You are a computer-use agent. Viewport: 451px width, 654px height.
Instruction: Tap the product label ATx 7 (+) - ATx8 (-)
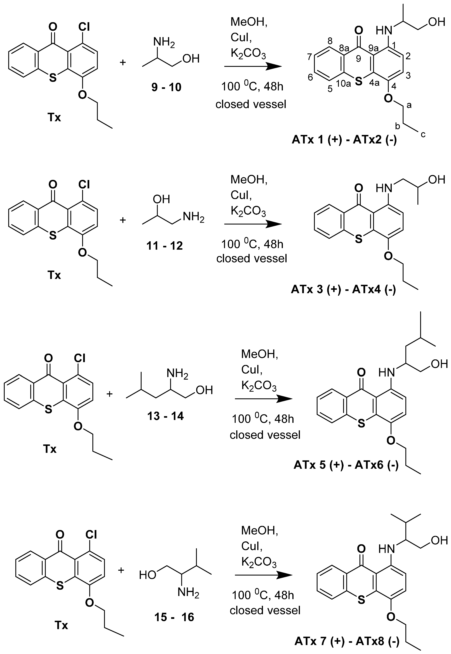pyautogui.click(x=347, y=641)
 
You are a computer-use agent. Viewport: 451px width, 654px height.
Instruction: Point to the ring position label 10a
pyautogui.click(x=343, y=84)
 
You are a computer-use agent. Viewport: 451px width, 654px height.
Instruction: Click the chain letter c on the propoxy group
pyautogui.click(x=423, y=134)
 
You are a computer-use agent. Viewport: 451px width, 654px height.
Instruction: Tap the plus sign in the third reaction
pyautogui.click(x=109, y=394)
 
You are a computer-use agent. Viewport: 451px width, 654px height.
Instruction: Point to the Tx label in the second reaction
pyautogui.click(x=54, y=275)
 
